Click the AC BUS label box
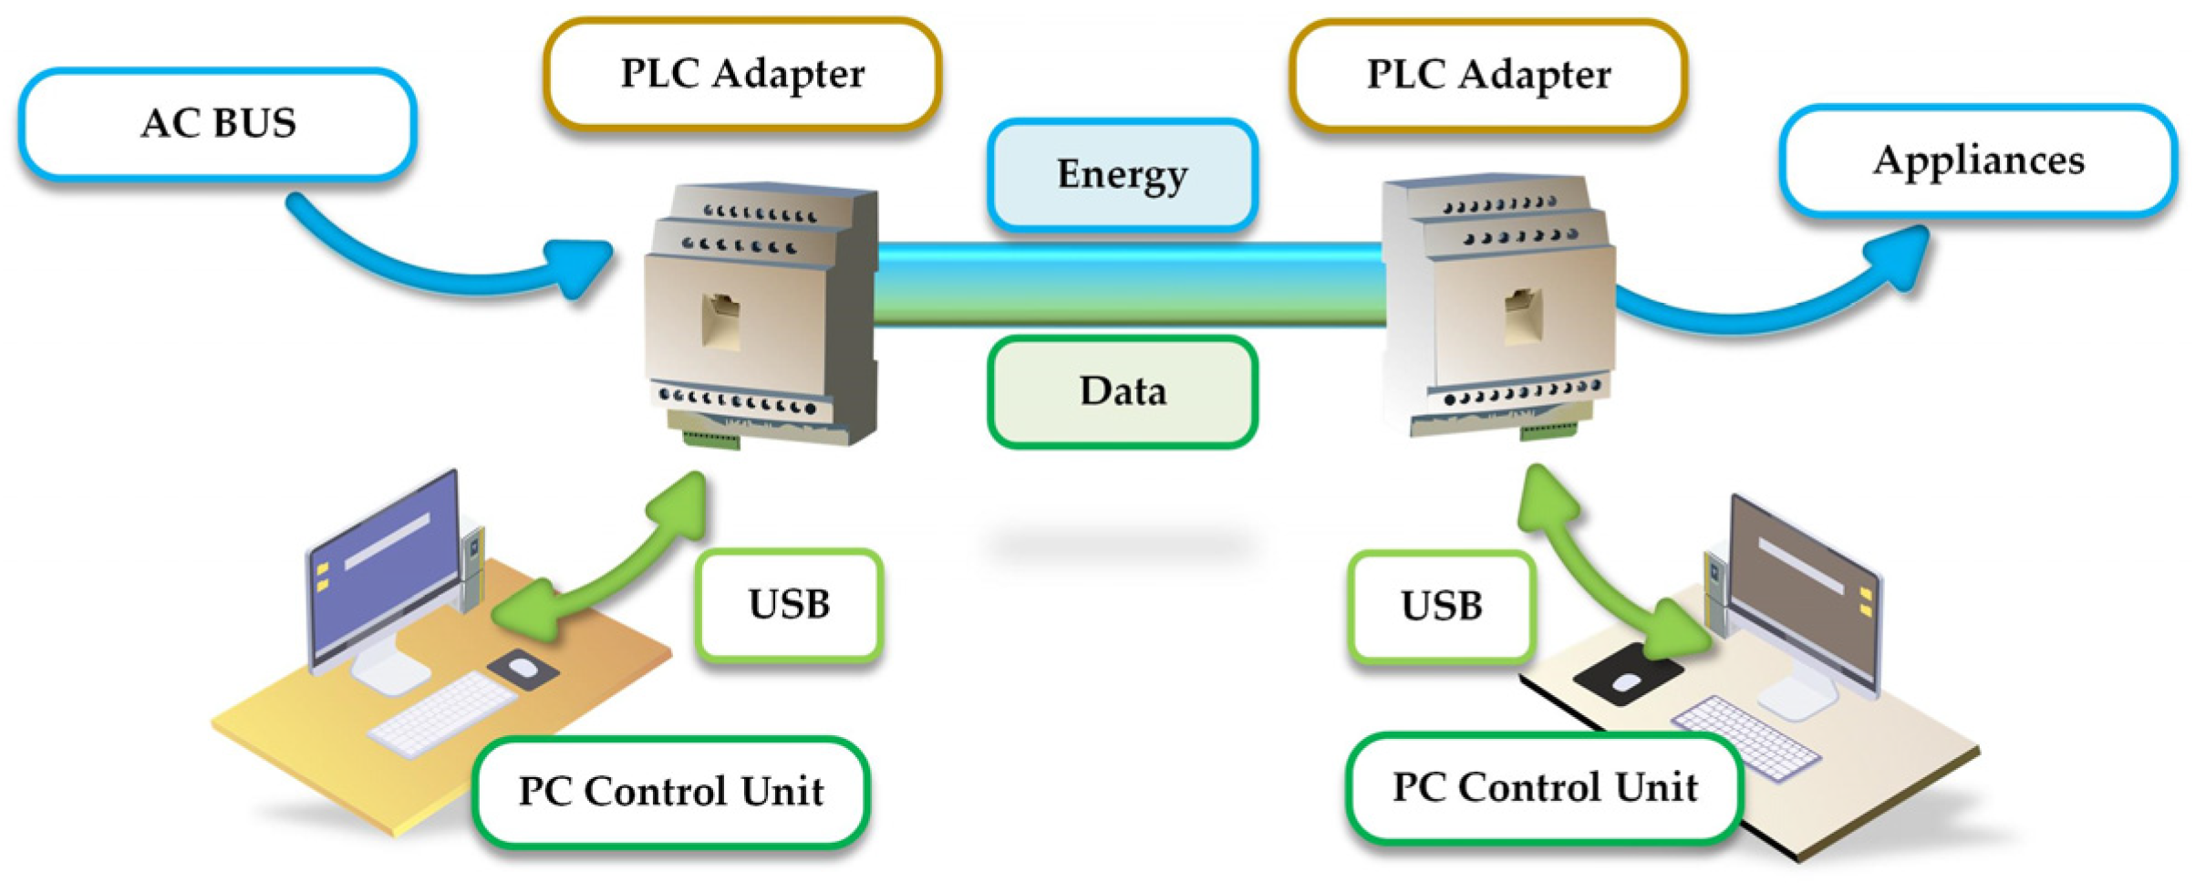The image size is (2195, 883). tap(217, 124)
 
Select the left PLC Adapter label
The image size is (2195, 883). tap(741, 74)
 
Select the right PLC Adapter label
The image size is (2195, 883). tap(1487, 75)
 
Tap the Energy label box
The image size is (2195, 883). tap(1122, 174)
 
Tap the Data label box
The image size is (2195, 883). tap(1122, 391)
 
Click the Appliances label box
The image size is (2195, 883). tap(1978, 161)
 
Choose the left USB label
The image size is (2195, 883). tap(788, 604)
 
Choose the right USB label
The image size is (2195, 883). tap(1441, 606)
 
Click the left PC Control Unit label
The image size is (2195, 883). tap(670, 791)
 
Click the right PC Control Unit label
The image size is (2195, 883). tap(1544, 787)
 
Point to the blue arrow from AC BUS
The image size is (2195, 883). tap(438, 269)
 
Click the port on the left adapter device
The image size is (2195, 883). tap(720, 319)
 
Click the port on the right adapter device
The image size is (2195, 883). tap(1522, 315)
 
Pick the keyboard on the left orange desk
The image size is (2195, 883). tap(442, 712)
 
